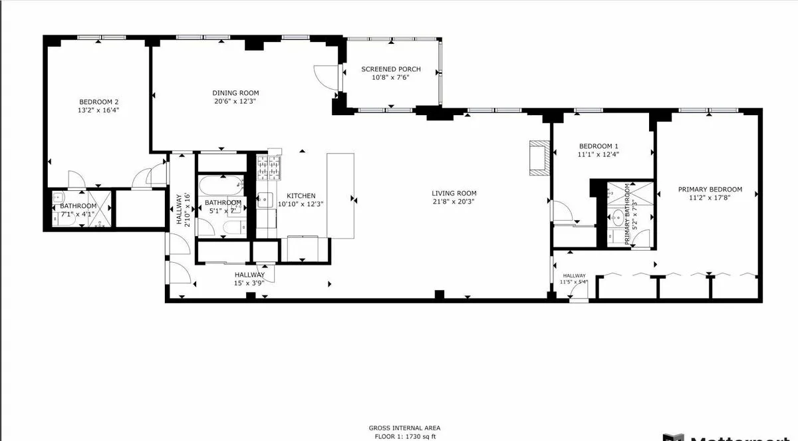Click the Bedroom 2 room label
pyautogui.click(x=98, y=102)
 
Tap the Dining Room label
pyautogui.click(x=235, y=93)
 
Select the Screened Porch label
pyautogui.click(x=390, y=69)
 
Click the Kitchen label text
pyautogui.click(x=301, y=196)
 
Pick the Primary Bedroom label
pyautogui.click(x=710, y=189)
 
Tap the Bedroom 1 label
pyautogui.click(x=598, y=146)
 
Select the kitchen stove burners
pyautogui.click(x=271, y=168)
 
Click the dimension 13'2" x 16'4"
pyautogui.click(x=98, y=110)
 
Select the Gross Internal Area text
pyautogui.click(x=404, y=428)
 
